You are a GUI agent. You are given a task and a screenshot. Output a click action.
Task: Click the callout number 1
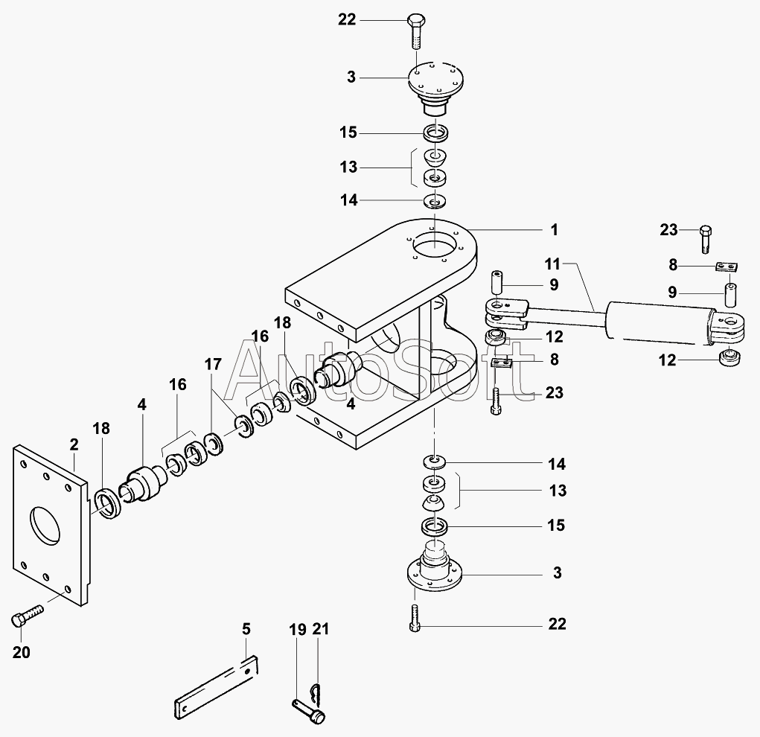(x=554, y=229)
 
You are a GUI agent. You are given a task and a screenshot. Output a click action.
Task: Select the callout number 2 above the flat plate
(x=74, y=444)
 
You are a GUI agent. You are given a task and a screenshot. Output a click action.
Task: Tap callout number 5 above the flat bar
(x=246, y=630)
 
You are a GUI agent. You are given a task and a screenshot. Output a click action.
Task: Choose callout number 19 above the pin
(x=297, y=630)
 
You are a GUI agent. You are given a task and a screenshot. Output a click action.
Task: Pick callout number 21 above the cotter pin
(x=320, y=630)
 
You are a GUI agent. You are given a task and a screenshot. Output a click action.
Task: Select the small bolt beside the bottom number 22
(x=415, y=618)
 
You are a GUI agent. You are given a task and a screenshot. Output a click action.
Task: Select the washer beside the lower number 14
(x=436, y=461)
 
